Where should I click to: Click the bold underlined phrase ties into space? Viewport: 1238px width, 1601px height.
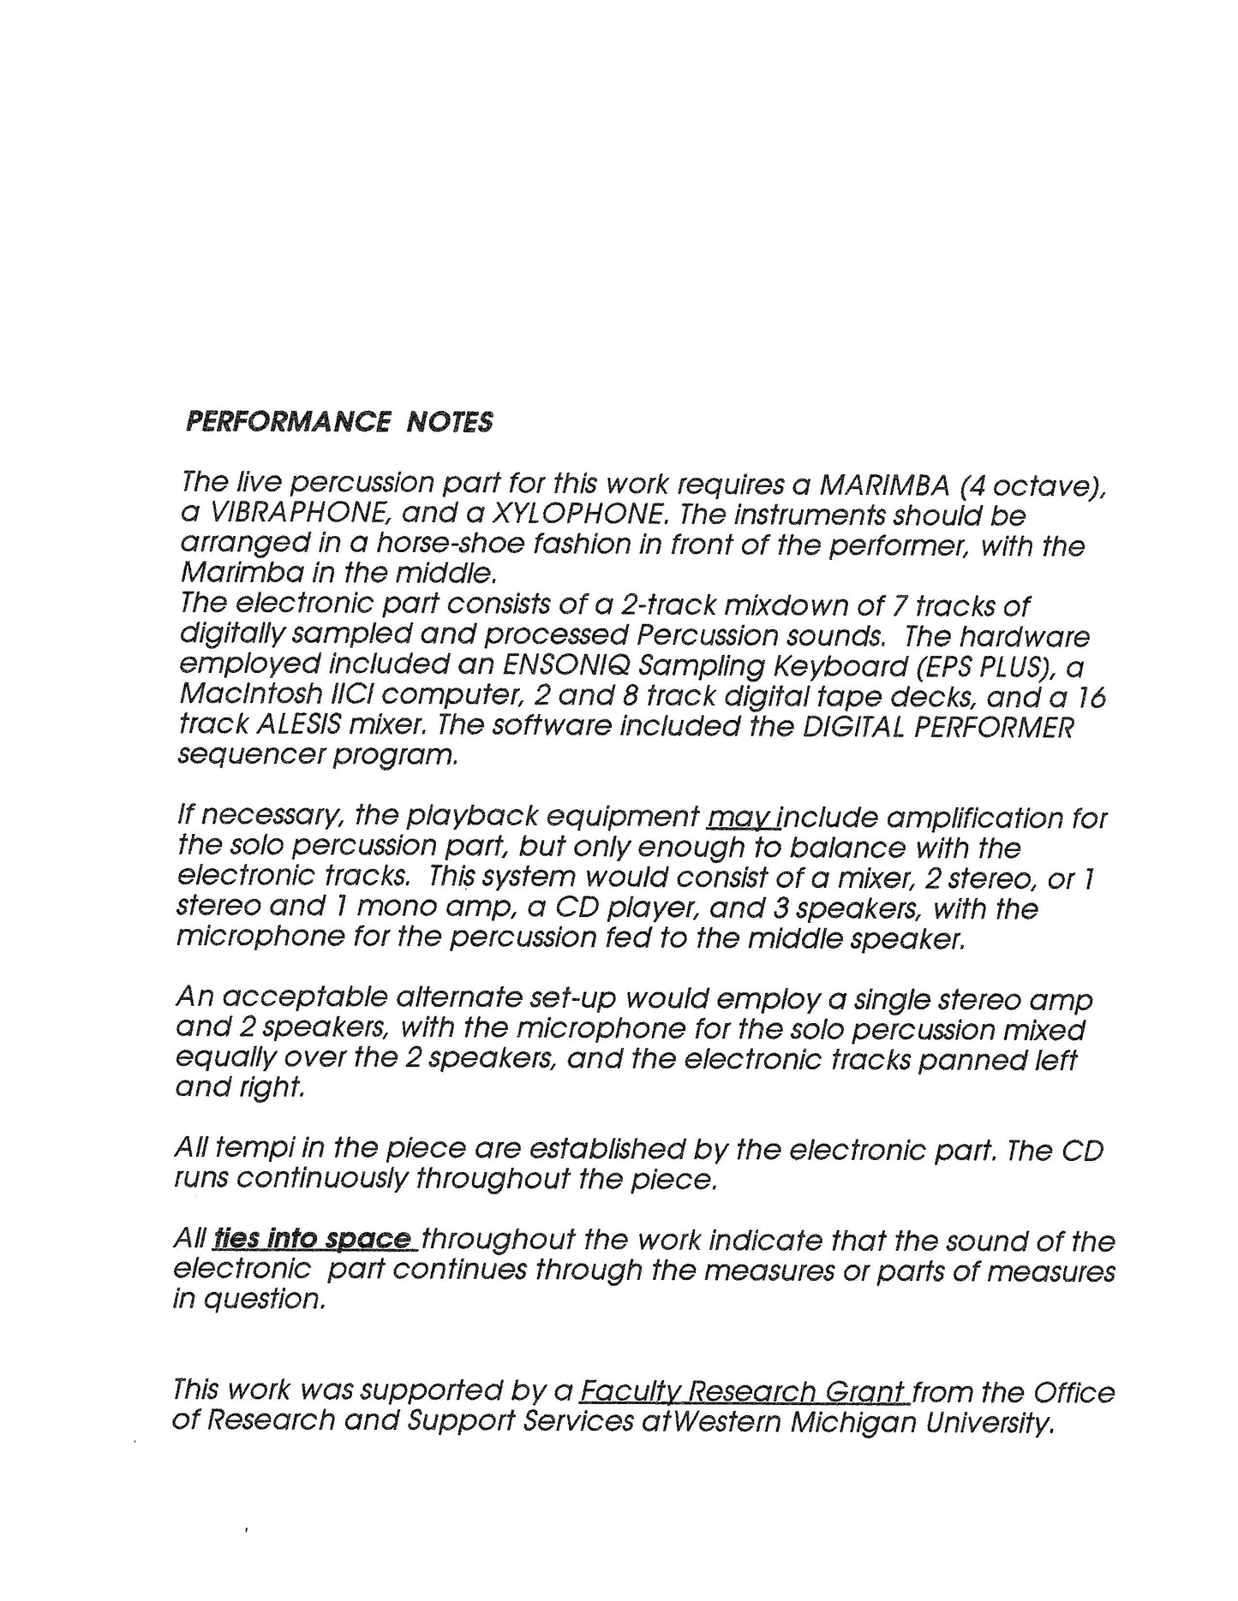[313, 1239]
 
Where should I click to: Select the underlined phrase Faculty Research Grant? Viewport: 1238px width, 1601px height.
[744, 1392]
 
